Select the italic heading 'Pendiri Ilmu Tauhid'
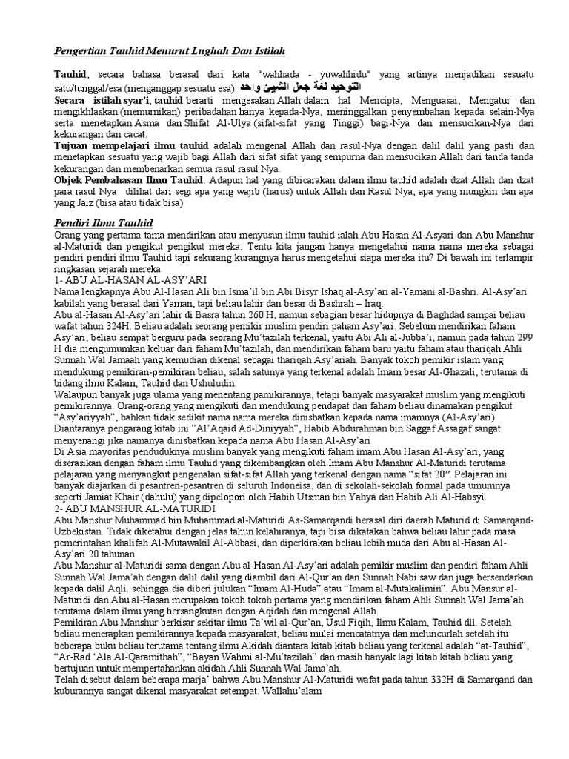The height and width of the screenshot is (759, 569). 110,222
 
